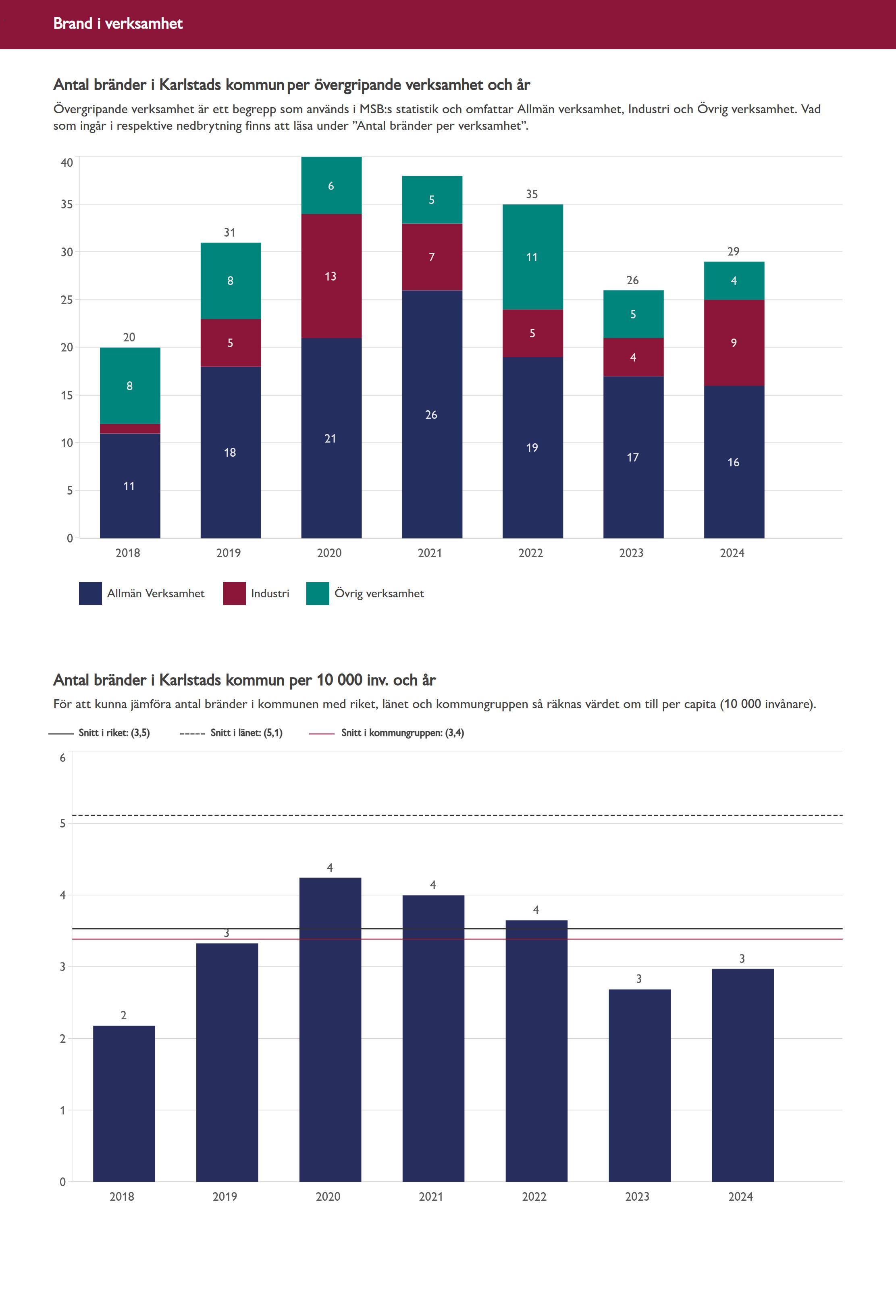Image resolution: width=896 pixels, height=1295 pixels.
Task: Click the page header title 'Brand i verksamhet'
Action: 118,23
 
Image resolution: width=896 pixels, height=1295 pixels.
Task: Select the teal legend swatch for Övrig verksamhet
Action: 317,593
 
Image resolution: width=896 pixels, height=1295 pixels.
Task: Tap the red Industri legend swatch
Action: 234,593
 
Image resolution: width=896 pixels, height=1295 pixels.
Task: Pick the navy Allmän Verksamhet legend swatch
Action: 90,593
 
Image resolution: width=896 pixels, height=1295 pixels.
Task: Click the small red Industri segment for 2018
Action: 130,429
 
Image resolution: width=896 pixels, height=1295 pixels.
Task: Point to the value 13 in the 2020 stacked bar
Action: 331,276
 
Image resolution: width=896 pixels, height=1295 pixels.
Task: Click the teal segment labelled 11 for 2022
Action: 532,257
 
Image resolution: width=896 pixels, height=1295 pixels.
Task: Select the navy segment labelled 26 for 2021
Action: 431,415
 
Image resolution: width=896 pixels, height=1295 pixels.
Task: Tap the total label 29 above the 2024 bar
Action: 733,252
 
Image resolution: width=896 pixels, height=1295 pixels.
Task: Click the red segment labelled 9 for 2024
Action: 734,343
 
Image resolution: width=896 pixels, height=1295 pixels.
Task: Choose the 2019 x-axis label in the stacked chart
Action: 229,553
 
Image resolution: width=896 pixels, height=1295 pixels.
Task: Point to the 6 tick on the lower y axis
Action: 62,758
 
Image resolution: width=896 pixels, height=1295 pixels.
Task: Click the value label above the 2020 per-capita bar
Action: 330,868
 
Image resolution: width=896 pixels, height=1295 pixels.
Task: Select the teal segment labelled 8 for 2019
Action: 230,281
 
